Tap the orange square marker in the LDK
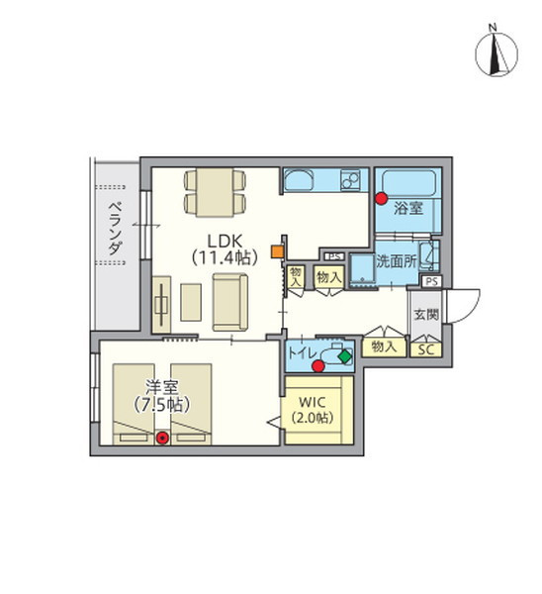tap(278, 251)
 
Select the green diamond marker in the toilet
tap(345, 356)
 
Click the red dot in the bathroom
tap(381, 199)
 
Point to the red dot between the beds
tap(163, 438)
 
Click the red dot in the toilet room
tap(318, 366)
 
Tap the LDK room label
tap(225, 248)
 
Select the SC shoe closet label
tap(426, 349)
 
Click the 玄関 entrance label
tap(426, 314)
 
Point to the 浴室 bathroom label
tap(408, 208)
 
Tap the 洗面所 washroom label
tap(396, 261)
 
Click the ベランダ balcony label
tap(116, 228)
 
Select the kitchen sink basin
tap(299, 180)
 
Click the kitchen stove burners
tap(351, 180)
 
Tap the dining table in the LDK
tap(215, 192)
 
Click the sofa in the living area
tap(230, 302)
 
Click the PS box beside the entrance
tap(432, 281)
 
